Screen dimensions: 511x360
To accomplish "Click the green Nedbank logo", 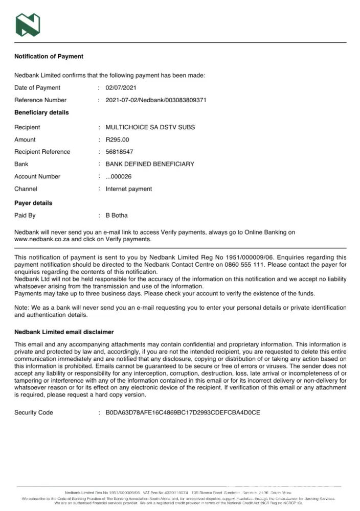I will coord(28,25).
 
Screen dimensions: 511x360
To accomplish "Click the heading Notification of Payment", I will coord(49,56).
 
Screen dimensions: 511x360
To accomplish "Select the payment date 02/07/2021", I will coord(121,88).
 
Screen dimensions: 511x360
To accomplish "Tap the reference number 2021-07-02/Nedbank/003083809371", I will coord(156,100).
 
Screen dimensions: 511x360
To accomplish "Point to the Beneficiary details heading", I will coord(41,112).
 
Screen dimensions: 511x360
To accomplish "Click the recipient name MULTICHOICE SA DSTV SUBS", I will coord(150,127).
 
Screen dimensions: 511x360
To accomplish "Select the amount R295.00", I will coord(118,140).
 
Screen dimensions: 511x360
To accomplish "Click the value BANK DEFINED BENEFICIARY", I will coord(150,164).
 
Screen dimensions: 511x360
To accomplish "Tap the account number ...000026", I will coord(118,177).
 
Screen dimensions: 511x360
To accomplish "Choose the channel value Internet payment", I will coord(129,189).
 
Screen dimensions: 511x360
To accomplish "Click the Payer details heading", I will coord(33,203).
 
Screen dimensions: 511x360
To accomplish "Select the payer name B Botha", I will coord(117,216).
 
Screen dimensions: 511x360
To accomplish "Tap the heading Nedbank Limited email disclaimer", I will coord(64,332).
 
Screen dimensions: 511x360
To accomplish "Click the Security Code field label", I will coord(34,412).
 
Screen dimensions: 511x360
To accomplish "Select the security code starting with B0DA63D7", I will coord(183,412).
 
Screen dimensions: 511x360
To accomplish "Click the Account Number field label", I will coord(37,177).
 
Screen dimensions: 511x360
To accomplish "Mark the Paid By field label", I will coord(25,216).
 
